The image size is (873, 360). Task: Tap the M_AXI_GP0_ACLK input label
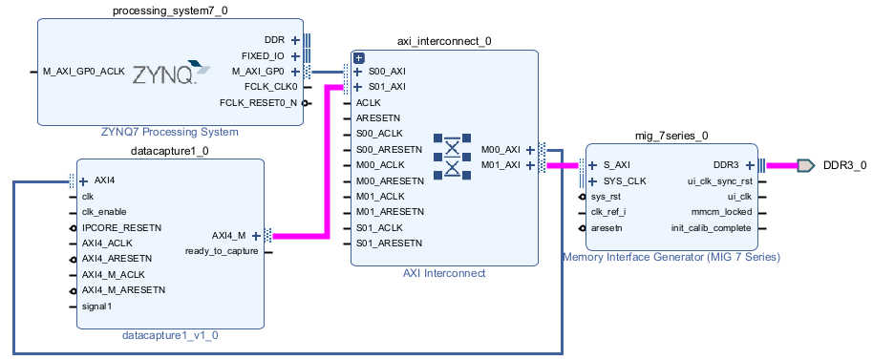coord(84,71)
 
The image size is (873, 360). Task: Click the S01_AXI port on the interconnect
coord(386,87)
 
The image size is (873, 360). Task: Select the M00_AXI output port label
coord(500,150)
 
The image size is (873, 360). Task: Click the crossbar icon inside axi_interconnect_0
coord(453,156)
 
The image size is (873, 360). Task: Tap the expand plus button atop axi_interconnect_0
coord(360,58)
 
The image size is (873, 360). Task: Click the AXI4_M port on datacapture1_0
coord(228,235)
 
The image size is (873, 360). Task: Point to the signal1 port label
coord(97,307)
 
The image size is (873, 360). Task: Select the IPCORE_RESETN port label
coord(121,228)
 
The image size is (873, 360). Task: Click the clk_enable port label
coord(104,212)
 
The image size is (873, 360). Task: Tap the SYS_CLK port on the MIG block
coord(625,180)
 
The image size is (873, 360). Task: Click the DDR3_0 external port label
coord(844,165)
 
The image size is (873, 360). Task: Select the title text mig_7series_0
coord(671,136)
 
